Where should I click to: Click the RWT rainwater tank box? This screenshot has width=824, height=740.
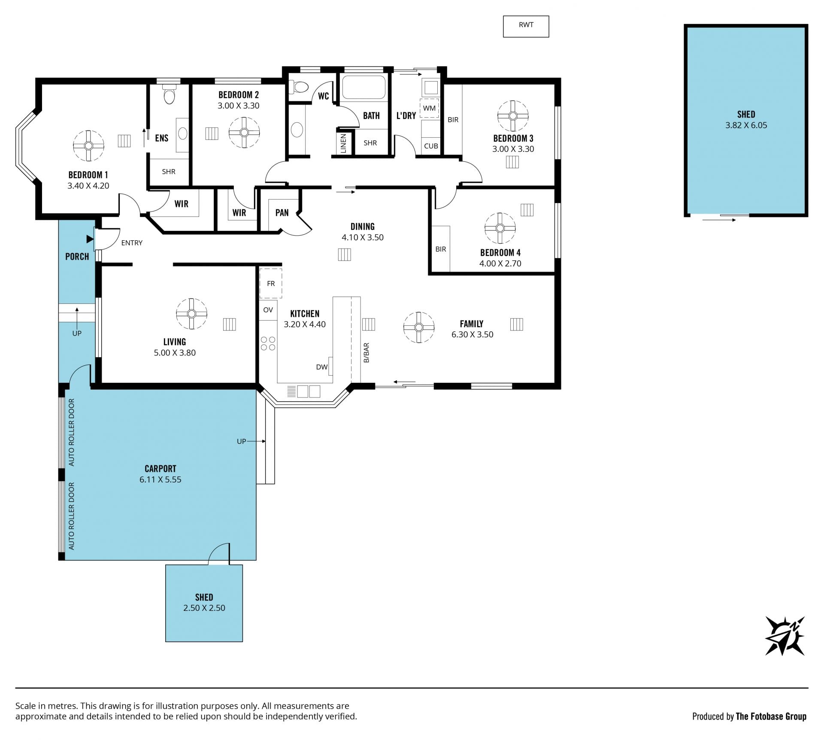point(526,27)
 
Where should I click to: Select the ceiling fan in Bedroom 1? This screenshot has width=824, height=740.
point(88,146)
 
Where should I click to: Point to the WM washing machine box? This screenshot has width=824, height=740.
point(429,108)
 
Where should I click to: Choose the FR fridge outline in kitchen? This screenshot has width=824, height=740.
point(271,283)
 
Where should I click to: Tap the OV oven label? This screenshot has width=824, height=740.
point(268,310)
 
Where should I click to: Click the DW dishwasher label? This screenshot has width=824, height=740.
point(322,367)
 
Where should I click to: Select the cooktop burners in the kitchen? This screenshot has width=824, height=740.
point(268,343)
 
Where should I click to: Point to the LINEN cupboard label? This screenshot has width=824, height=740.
point(343,143)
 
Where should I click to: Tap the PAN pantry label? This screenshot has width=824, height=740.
point(282,212)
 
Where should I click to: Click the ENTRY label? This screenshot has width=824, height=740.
point(132,243)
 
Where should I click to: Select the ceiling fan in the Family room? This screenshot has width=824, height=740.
point(419,328)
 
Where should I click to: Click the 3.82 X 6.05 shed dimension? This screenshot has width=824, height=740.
point(746,125)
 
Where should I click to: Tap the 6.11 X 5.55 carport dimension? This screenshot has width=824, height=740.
point(161,479)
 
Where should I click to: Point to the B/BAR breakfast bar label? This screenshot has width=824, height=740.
point(367,353)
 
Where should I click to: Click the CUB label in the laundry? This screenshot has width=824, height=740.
point(431,146)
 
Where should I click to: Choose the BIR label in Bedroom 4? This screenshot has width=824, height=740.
point(441,249)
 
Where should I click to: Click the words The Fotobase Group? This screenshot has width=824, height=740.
point(771,716)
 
